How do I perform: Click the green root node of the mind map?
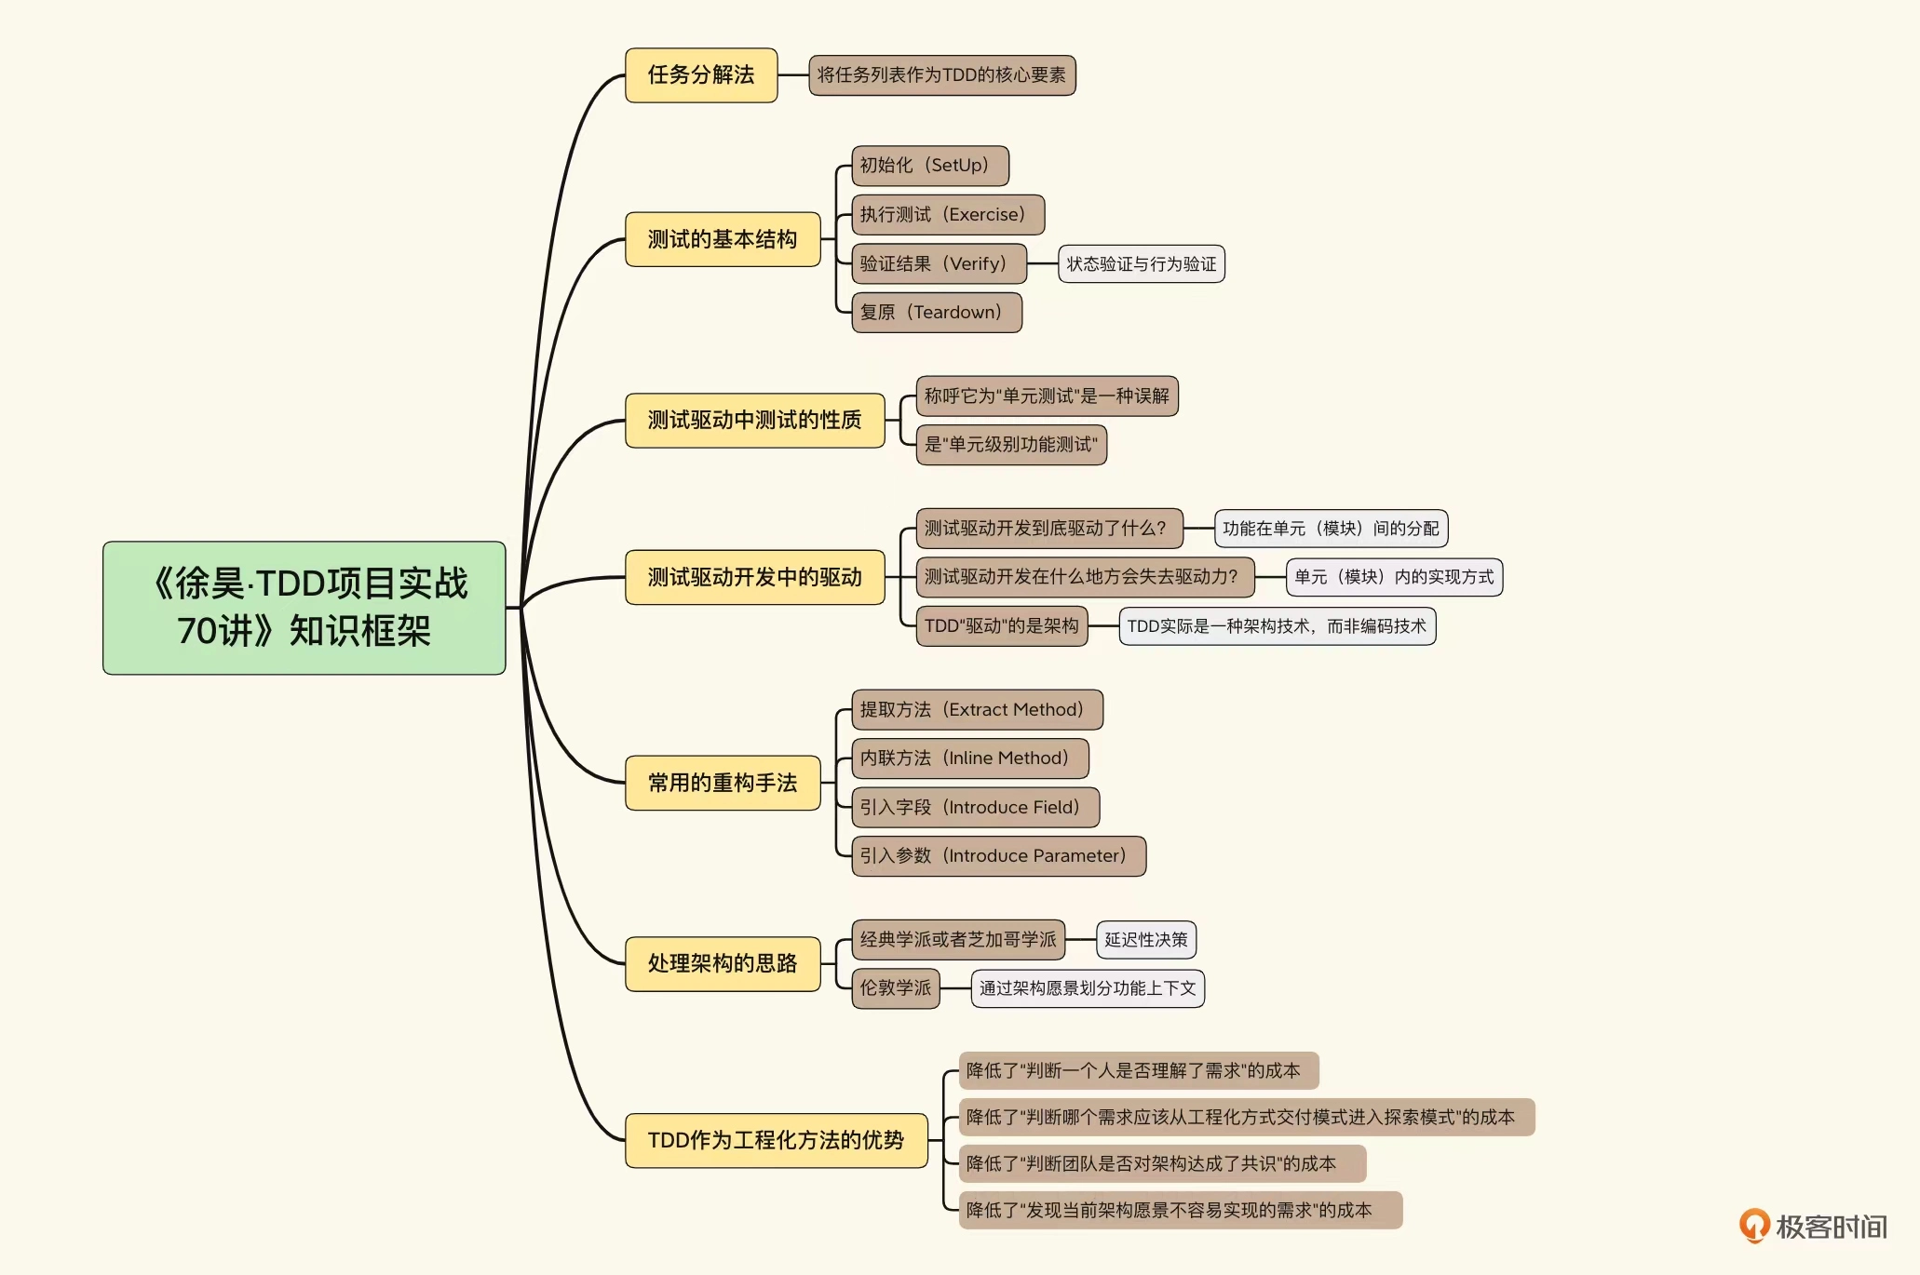click(304, 608)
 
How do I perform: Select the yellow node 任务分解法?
click(700, 75)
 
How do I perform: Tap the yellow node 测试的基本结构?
click(723, 240)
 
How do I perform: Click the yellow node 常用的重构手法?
click(723, 783)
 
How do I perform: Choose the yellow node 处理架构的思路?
click(723, 963)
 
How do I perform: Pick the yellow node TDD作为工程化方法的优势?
click(776, 1140)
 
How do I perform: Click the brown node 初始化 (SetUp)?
click(929, 166)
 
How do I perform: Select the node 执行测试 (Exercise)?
click(947, 215)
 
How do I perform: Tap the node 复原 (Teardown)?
click(936, 313)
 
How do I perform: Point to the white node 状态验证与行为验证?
click(1141, 264)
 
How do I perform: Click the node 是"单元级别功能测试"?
click(1011, 445)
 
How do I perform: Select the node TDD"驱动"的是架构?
click(1001, 626)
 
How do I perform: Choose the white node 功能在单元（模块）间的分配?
click(1330, 529)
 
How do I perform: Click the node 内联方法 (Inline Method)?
click(969, 758)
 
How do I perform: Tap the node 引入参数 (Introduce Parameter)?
click(998, 856)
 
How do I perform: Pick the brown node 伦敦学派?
click(895, 988)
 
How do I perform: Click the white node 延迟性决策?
click(1145, 940)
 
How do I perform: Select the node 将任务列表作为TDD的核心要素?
click(941, 75)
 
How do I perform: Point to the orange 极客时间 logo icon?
click(1754, 1226)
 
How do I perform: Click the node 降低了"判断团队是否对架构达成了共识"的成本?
click(1161, 1164)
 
